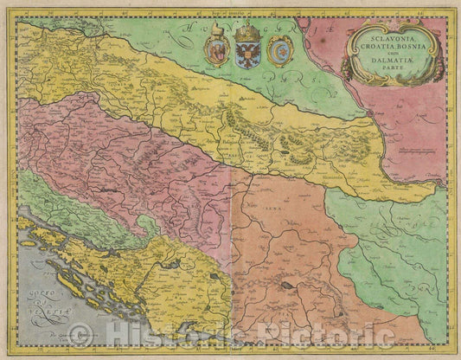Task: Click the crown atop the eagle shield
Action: pos(248,31)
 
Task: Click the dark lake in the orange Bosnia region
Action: pos(283,283)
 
